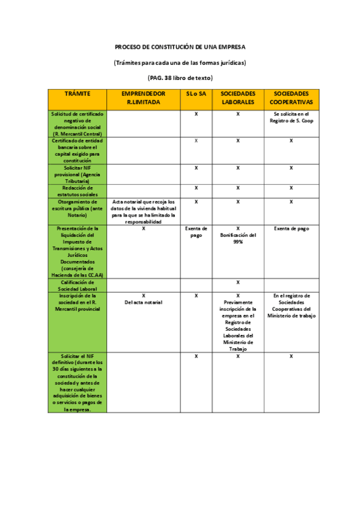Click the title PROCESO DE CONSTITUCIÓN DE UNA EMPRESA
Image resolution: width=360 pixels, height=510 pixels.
[180, 46]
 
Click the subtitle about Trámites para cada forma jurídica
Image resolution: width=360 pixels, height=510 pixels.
[180, 62]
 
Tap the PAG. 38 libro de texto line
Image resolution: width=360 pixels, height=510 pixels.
[180, 78]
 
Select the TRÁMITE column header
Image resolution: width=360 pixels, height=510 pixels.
[77, 94]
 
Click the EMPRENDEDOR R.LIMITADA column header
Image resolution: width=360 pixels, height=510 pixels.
[143, 98]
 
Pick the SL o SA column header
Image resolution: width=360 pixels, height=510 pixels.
[197, 94]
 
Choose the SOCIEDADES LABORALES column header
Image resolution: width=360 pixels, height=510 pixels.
[238, 98]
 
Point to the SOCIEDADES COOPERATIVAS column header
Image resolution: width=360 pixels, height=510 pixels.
[291, 98]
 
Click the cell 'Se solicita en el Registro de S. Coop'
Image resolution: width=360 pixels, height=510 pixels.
[291, 117]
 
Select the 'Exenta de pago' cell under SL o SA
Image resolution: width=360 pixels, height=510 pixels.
[197, 232]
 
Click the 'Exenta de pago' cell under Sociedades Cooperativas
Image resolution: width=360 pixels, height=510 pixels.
[291, 229]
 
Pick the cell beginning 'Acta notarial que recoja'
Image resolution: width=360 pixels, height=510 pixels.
[143, 211]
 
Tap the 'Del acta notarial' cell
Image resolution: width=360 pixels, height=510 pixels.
[143, 299]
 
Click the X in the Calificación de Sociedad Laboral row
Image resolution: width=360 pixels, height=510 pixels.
[238, 282]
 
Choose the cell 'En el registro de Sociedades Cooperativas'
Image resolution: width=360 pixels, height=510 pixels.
[291, 306]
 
